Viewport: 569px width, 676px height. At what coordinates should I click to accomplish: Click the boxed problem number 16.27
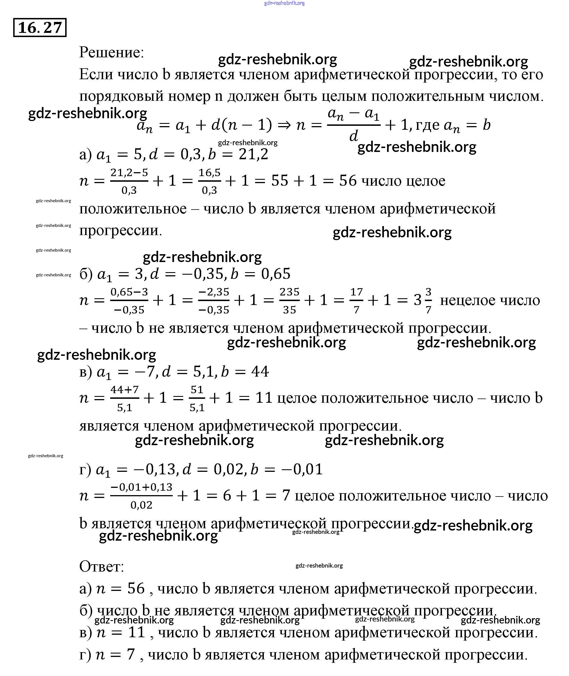pyautogui.click(x=40, y=28)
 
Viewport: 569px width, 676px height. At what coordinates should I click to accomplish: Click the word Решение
pyautogui.click(x=111, y=52)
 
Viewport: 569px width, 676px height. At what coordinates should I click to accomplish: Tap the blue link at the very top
pyautogui.click(x=284, y=3)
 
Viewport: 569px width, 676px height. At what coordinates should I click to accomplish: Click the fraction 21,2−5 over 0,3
pyautogui.click(x=129, y=181)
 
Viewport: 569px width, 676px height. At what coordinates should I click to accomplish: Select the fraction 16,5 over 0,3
pyautogui.click(x=209, y=181)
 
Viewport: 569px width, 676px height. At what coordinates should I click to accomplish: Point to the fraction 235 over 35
pyautogui.click(x=289, y=301)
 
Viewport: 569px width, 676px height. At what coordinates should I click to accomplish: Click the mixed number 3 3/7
pyautogui.click(x=423, y=301)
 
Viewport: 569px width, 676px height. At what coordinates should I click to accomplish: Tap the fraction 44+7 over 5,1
pyautogui.click(x=124, y=399)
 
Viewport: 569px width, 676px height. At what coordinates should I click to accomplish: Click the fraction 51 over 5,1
pyautogui.click(x=197, y=399)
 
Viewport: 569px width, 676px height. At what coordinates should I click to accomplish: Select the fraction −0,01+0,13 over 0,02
pyautogui.click(x=141, y=495)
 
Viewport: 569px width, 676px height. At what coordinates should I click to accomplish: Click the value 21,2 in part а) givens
pyautogui.click(x=253, y=154)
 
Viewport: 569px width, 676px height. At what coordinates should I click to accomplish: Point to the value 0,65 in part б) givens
pyautogui.click(x=276, y=274)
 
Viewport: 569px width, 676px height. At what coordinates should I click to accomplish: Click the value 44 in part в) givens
pyautogui.click(x=260, y=371)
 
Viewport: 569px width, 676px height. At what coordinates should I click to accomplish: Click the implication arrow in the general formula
pyautogui.click(x=284, y=125)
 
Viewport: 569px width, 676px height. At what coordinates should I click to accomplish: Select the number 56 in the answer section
pyautogui.click(x=136, y=588)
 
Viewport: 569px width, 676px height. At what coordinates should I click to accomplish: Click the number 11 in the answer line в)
pyautogui.click(x=137, y=632)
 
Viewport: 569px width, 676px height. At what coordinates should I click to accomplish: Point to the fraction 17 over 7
pyautogui.click(x=356, y=301)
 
